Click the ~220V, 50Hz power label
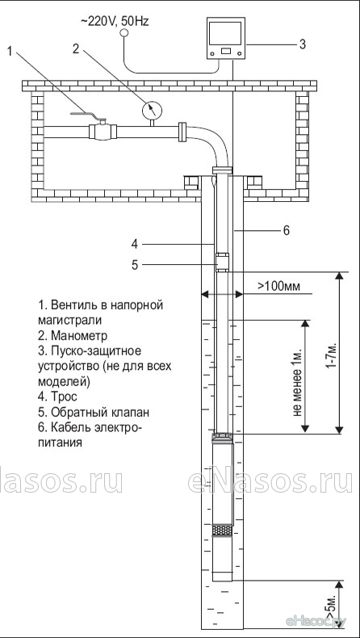pos(115,21)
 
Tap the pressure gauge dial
pos(152,110)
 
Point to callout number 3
pos(302,44)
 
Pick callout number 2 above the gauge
pos(75,48)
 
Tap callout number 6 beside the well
pos(286,230)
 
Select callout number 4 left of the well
pos(135,244)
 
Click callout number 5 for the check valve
pos(135,265)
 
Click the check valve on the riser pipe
pos(222,262)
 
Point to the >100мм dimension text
pos(278,286)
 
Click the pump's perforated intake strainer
pos(222,530)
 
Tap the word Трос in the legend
pos(65,397)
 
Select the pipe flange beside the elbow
pos(182,132)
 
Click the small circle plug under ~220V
pos(124,33)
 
